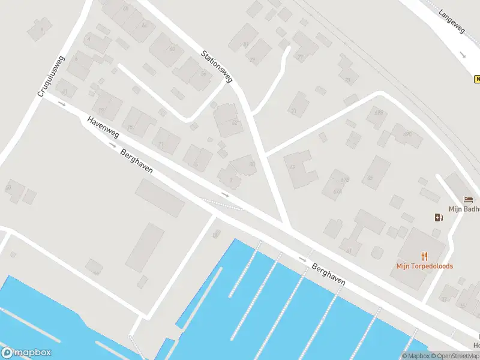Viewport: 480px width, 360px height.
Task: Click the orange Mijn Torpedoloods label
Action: pos(424,266)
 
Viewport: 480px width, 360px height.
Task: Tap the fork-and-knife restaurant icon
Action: pos(425,255)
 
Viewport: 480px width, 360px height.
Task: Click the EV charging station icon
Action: pos(439,217)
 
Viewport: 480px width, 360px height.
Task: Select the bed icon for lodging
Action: pos(468,200)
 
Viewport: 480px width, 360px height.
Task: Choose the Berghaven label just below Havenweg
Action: pos(136,161)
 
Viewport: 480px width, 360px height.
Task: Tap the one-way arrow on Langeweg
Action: pos(463,55)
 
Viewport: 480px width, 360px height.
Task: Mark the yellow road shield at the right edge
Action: pos(477,79)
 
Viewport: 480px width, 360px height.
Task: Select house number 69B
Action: pos(378,112)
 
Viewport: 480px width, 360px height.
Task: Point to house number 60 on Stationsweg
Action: pos(252,163)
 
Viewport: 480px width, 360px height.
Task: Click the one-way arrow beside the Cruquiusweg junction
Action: pos(62,104)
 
